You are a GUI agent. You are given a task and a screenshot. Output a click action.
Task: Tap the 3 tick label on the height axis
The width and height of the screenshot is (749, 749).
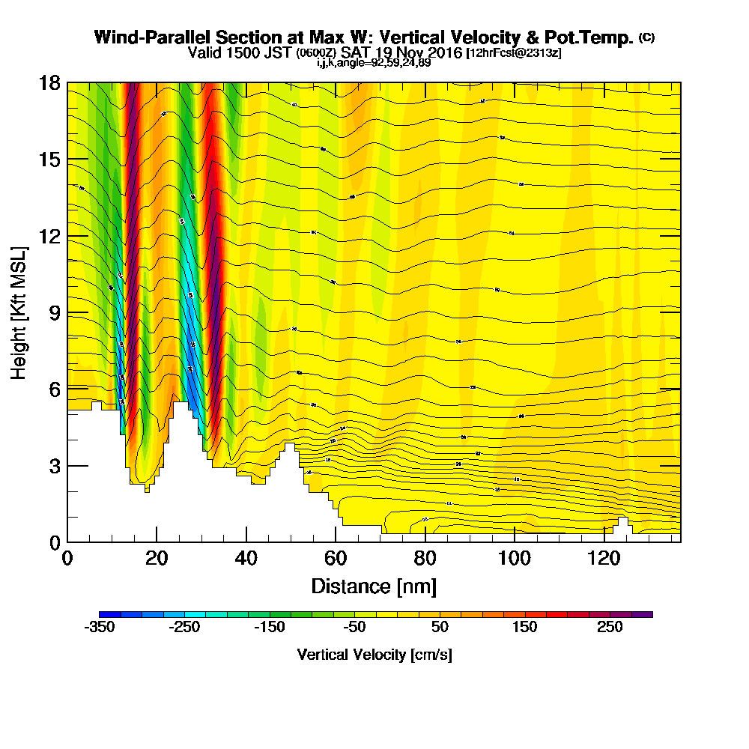[55, 466]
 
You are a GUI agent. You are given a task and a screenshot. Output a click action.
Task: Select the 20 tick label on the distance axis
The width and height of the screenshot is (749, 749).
[156, 559]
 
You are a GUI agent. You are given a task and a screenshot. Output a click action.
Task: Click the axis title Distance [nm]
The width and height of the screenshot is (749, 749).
[374, 585]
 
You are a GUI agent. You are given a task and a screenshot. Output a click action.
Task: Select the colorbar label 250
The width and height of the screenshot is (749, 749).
[610, 628]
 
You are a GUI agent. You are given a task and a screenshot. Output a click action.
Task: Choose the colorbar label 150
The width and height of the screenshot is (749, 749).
[524, 628]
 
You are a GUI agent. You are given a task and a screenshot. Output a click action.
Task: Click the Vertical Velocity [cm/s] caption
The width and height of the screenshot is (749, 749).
[374, 655]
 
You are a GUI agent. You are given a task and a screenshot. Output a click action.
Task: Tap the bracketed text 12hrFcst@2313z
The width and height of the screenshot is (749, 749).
[513, 54]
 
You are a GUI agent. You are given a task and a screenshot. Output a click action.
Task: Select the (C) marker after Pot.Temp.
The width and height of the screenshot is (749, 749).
[646, 37]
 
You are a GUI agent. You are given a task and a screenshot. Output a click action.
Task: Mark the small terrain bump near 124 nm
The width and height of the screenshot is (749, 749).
[622, 523]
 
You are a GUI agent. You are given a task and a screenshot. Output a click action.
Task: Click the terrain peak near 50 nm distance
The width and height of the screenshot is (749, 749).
[290, 448]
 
